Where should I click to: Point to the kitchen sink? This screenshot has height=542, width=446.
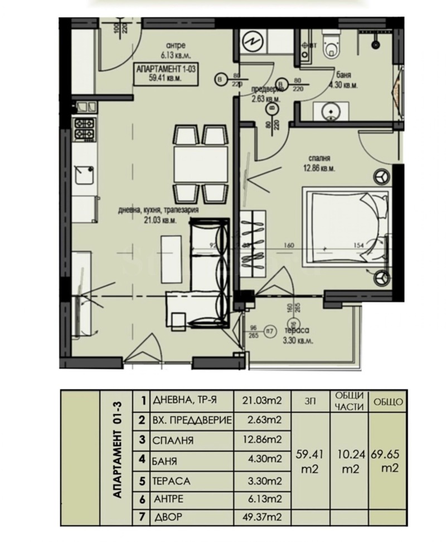pyautogui.click(x=85, y=175)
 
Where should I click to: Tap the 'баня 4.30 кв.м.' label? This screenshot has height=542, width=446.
pyautogui.click(x=343, y=81)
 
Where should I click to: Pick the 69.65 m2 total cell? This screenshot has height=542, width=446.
pyautogui.click(x=389, y=463)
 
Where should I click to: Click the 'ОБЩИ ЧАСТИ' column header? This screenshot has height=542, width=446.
pyautogui.click(x=349, y=401)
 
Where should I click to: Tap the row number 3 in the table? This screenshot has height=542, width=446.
pyautogui.click(x=143, y=440)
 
